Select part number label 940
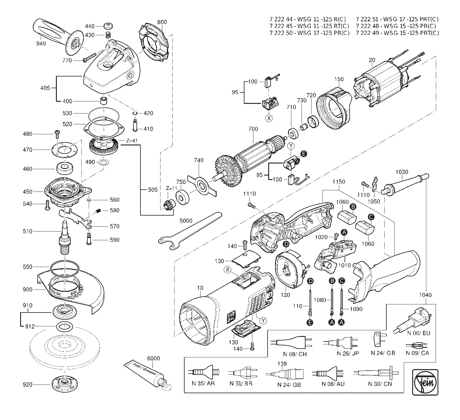[41, 44]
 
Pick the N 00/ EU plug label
[418, 333]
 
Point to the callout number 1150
[339, 182]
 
